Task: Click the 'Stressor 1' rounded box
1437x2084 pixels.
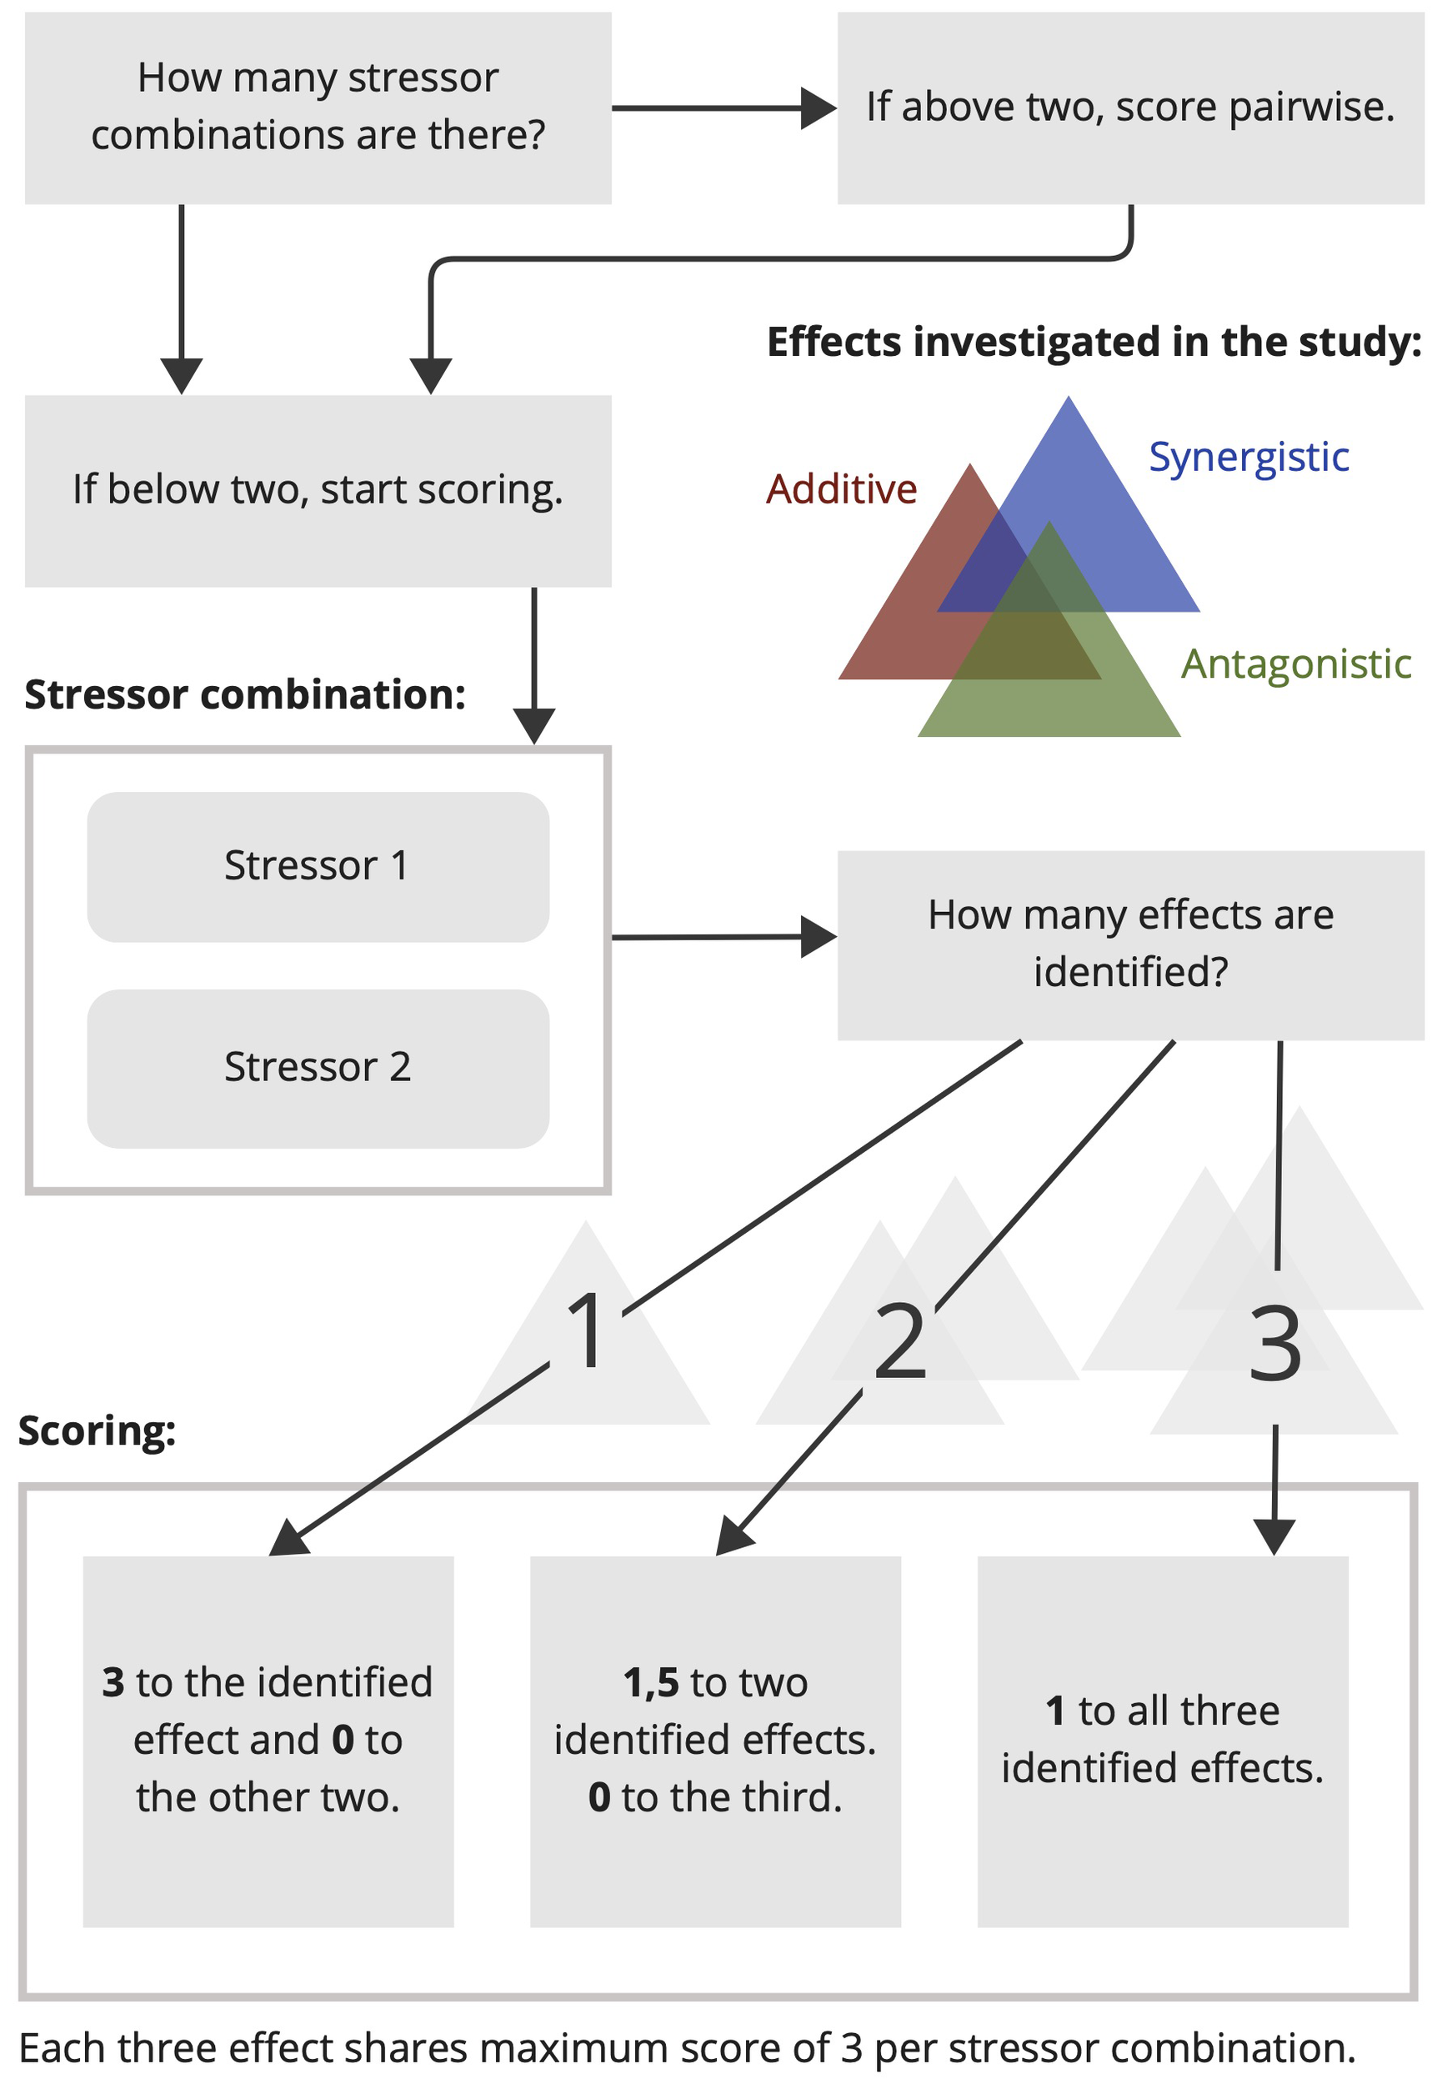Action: [317, 866]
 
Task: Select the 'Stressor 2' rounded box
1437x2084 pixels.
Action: [317, 1068]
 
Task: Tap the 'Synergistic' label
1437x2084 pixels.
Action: [1249, 458]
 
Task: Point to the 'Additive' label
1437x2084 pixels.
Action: [841, 489]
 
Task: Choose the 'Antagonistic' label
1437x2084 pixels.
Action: [1295, 664]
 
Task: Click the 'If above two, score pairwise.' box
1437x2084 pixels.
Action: [1130, 108]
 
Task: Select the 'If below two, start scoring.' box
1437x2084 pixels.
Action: [317, 491]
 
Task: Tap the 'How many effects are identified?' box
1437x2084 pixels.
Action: [1130, 944]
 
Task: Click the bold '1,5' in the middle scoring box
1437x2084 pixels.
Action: [651, 1683]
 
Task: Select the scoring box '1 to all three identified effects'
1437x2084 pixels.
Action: [1163, 1741]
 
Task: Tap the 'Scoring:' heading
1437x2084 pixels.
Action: [97, 1431]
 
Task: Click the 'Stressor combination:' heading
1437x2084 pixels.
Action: [245, 695]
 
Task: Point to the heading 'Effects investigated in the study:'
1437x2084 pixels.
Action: [1093, 342]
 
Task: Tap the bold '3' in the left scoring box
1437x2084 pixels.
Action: [113, 1683]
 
